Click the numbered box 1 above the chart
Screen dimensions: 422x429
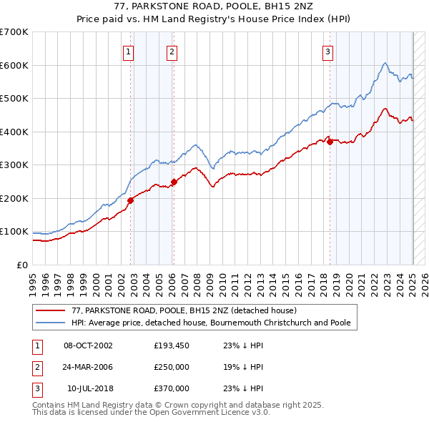click(x=128, y=51)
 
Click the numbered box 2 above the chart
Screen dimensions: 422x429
click(x=172, y=51)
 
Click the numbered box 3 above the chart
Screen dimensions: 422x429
click(x=327, y=51)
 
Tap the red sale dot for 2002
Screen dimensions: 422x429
click(x=131, y=201)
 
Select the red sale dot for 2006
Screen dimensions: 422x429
click(x=174, y=182)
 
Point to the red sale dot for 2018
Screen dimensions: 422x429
click(x=330, y=142)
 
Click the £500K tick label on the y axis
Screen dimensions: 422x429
click(x=14, y=98)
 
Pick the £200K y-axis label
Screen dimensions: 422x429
click(x=14, y=198)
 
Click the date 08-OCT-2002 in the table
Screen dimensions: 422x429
click(x=88, y=345)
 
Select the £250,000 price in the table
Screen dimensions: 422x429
click(x=172, y=367)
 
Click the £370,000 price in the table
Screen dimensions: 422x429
click(x=172, y=388)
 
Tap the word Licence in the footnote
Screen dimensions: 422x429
click(x=228, y=413)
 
